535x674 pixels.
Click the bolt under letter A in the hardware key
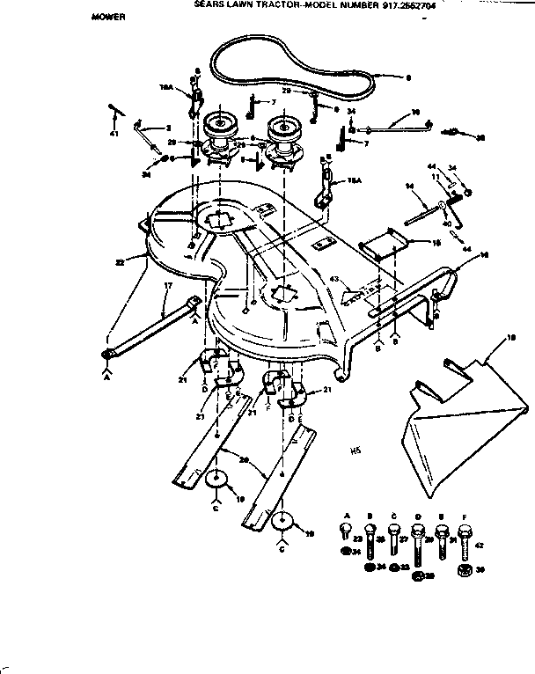point(344,531)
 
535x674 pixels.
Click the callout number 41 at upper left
point(114,134)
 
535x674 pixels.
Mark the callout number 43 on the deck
point(333,280)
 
